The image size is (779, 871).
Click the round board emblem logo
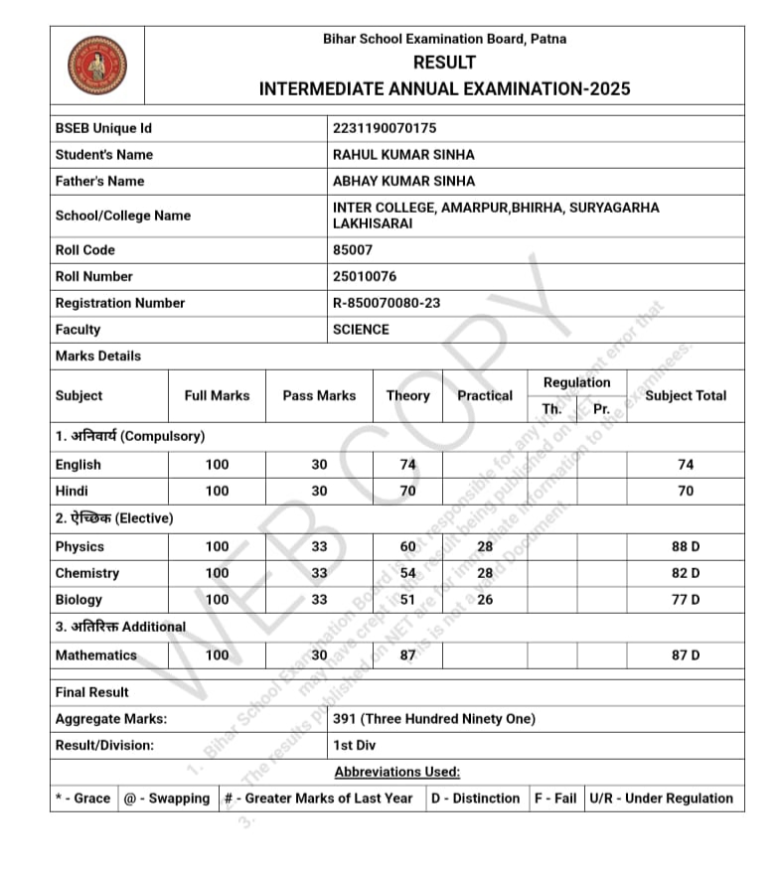coord(97,65)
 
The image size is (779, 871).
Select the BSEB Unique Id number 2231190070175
coord(385,128)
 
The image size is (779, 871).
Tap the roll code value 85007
coord(353,250)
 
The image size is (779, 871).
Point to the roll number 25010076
coord(365,276)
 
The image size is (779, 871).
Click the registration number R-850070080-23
coord(387,303)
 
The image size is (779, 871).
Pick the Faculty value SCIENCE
coord(361,330)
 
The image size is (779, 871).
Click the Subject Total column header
coord(686,395)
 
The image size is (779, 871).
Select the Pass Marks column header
coord(319,395)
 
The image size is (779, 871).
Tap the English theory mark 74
coord(407,464)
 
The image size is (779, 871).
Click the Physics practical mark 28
coord(485,546)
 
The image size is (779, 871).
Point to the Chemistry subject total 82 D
coord(686,573)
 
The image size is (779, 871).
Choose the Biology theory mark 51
coord(407,600)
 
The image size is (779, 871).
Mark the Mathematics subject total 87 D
coord(686,655)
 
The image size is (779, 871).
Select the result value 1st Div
coord(355,745)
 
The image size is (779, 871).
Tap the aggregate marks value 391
coord(434,719)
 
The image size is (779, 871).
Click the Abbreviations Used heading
coord(397,772)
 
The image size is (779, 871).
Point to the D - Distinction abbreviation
coord(476,798)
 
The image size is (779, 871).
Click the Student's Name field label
coord(104,155)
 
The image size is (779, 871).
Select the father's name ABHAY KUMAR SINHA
coord(404,181)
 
